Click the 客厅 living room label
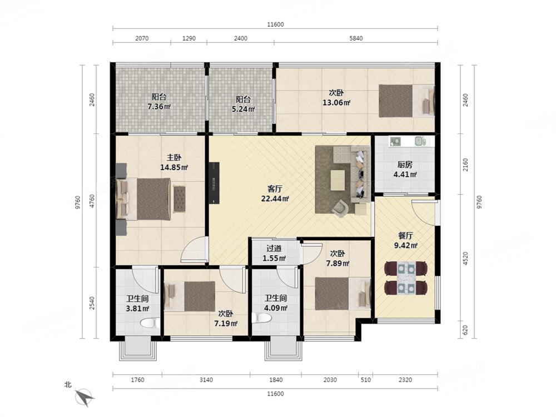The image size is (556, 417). pyautogui.click(x=275, y=188)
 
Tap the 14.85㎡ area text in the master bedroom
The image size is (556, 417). pyautogui.click(x=173, y=167)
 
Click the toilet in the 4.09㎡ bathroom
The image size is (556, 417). pyautogui.click(x=262, y=318)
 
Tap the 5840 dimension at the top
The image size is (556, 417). pyautogui.click(x=356, y=38)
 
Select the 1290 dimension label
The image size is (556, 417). pyautogui.click(x=189, y=38)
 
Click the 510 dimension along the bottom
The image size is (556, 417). pyautogui.click(x=366, y=380)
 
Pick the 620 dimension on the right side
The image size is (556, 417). pyautogui.click(x=465, y=330)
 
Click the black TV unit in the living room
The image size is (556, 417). pyautogui.click(x=215, y=182)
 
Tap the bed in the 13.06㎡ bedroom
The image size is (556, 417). pyautogui.click(x=406, y=101)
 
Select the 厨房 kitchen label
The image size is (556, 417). pyautogui.click(x=405, y=165)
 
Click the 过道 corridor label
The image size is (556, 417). pyautogui.click(x=274, y=249)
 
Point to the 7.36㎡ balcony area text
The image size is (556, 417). pyautogui.click(x=159, y=106)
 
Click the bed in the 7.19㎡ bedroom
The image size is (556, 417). pyautogui.click(x=190, y=296)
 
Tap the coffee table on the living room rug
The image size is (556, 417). pyautogui.click(x=337, y=180)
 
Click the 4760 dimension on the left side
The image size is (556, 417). pyautogui.click(x=92, y=201)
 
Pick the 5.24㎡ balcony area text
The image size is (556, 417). pyautogui.click(x=244, y=109)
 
